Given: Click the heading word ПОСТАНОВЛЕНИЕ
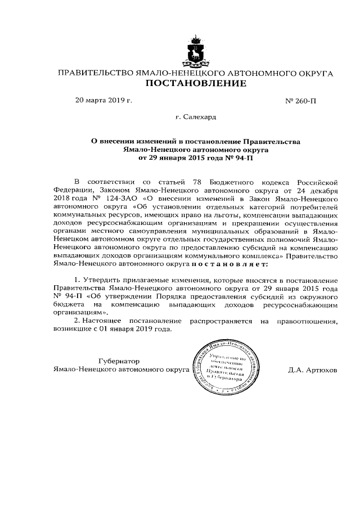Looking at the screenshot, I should (x=196, y=84).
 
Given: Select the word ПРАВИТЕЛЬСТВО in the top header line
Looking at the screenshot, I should (x=95, y=73).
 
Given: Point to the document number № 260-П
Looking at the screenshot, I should (x=301, y=101).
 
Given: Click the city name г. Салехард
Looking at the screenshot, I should (x=196, y=118).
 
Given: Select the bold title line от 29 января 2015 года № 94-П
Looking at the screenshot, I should (x=196, y=158).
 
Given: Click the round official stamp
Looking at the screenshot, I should (x=227, y=366).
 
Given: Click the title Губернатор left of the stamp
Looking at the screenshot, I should (x=118, y=361).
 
